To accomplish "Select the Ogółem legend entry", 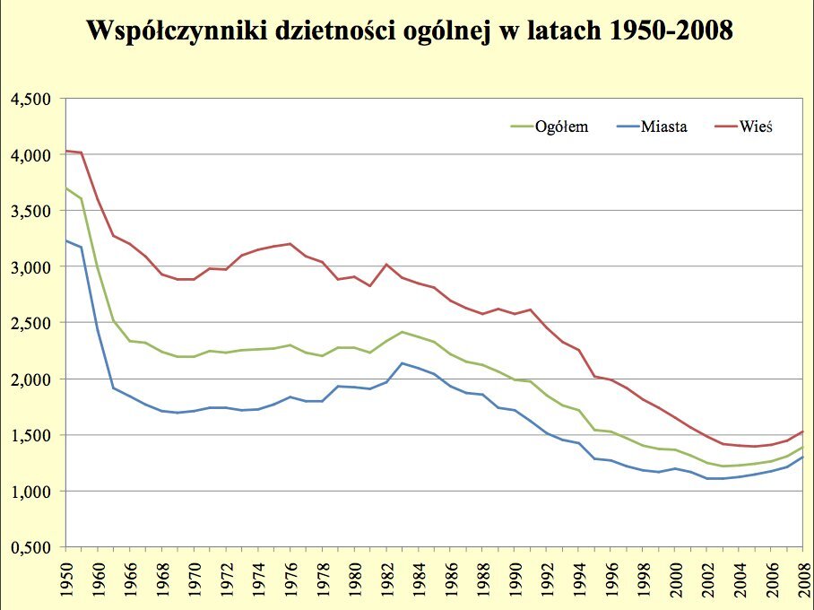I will coord(561,126).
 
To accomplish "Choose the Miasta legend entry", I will coord(664,126).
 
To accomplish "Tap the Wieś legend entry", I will coord(756,126).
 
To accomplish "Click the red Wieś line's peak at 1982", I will coord(385,264).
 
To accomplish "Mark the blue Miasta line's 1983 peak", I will coord(402,363).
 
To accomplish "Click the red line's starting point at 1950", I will coord(66,151).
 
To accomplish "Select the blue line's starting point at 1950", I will coord(66,240).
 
